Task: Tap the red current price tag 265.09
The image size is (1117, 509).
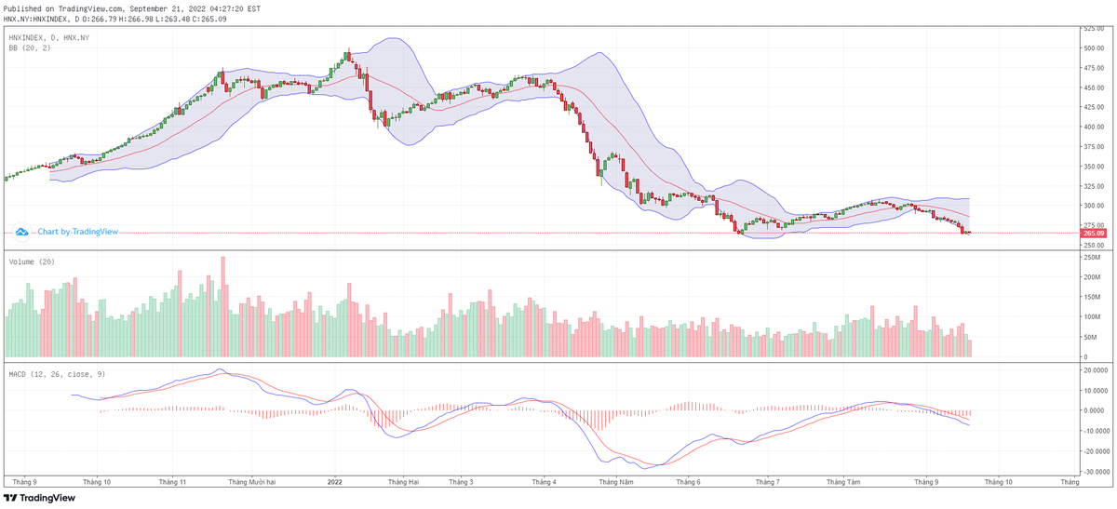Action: click(1092, 233)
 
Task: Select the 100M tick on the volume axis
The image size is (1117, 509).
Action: click(1091, 317)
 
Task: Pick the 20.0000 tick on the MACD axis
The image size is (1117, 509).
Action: click(1094, 369)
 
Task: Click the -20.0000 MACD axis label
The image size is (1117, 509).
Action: click(1094, 451)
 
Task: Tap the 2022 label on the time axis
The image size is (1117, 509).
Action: click(335, 482)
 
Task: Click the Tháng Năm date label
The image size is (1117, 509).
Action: click(616, 482)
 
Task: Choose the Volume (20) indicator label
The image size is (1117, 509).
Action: click(32, 261)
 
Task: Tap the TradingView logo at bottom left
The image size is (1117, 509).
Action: click(41, 498)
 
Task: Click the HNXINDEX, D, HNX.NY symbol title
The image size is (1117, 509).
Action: click(49, 37)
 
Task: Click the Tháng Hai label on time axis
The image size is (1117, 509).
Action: click(403, 482)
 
